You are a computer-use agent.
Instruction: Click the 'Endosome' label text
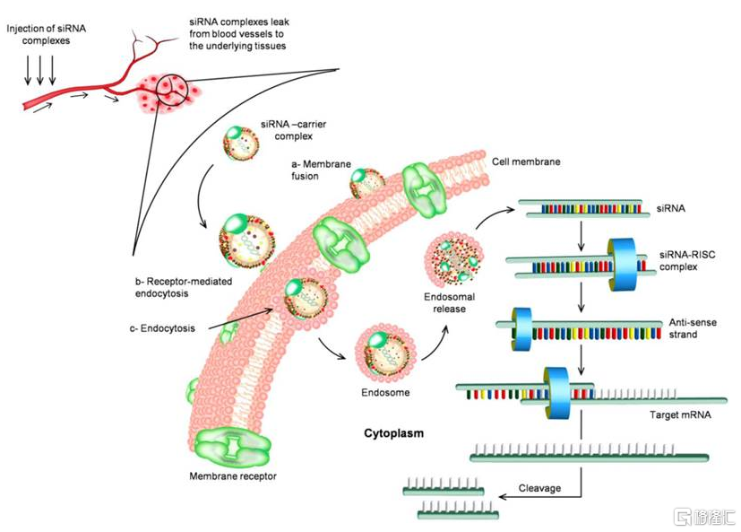384,391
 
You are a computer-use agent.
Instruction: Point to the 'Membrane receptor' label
233,476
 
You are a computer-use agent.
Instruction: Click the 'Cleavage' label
540,489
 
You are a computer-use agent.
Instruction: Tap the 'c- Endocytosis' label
164,328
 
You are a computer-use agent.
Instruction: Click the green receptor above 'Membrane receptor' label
232,445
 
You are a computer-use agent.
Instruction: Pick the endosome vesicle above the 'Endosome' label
384,353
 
